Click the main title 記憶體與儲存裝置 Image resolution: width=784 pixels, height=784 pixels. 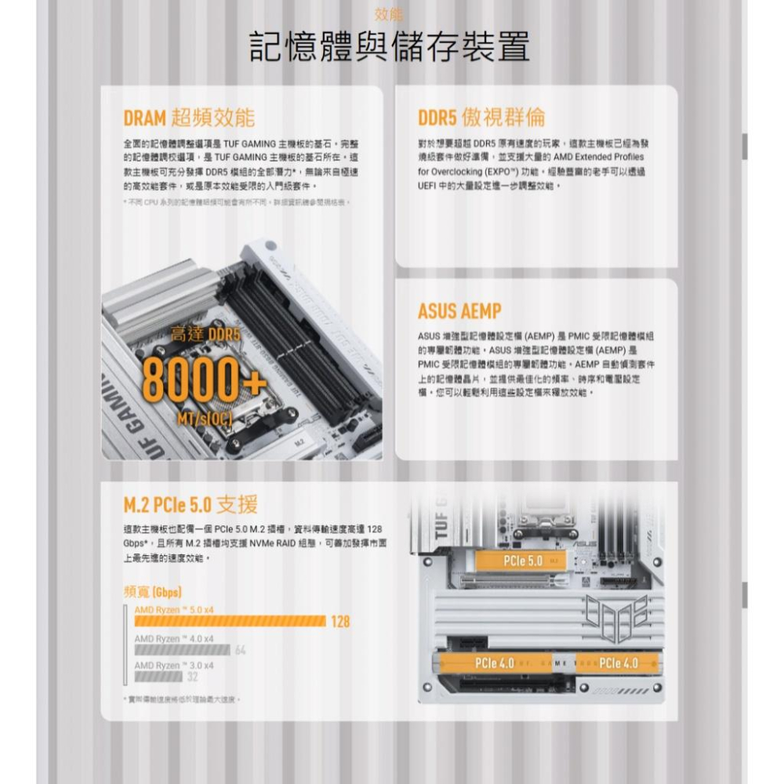click(x=390, y=48)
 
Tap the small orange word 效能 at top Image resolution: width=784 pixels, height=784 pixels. click(x=390, y=14)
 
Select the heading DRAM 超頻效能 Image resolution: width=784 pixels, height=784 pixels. click(x=189, y=118)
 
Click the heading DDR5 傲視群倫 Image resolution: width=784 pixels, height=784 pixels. click(x=481, y=118)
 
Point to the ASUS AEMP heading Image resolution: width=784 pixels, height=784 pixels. click(x=459, y=311)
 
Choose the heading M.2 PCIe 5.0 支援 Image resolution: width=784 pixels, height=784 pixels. click(x=191, y=503)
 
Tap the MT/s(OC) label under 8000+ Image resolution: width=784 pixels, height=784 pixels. click(x=205, y=419)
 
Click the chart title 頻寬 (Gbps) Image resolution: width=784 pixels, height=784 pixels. click(x=153, y=590)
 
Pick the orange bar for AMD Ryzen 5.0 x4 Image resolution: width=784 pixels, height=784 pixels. click(x=229, y=621)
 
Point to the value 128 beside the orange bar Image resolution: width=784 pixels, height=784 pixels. click(x=339, y=622)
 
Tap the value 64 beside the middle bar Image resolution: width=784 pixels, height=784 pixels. click(x=240, y=650)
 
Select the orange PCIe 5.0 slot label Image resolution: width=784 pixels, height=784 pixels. click(x=524, y=561)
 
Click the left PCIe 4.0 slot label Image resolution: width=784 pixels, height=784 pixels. click(x=495, y=664)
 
